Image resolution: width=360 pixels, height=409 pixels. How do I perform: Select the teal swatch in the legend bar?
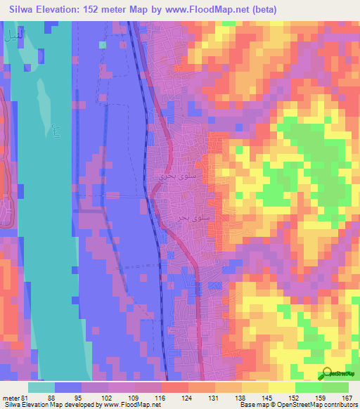coord(41,387)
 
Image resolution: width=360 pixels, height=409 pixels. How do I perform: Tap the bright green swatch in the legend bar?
coord(308,387)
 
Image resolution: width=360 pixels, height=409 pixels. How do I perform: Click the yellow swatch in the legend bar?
coord(281,387)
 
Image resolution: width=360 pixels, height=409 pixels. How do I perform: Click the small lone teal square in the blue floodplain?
coord(103,45)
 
